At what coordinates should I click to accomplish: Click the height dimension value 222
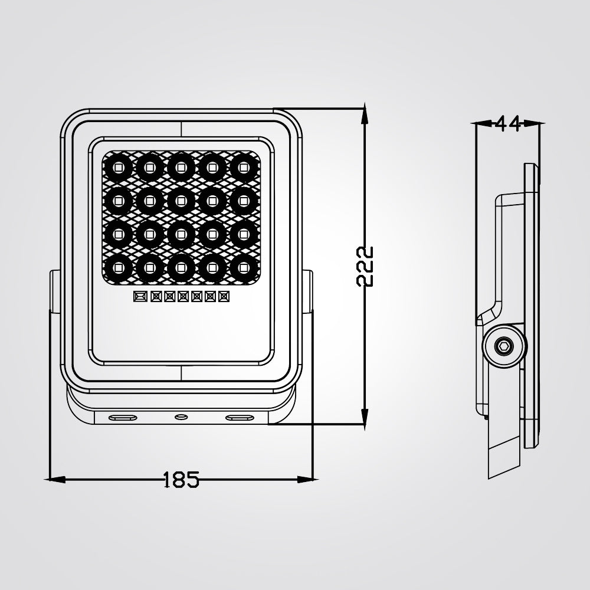click(x=366, y=265)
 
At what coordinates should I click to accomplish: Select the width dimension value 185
click(x=181, y=479)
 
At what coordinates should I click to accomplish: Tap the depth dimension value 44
click(x=508, y=123)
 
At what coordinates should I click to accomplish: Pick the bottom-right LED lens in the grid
click(x=242, y=267)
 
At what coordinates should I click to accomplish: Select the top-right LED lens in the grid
click(x=242, y=168)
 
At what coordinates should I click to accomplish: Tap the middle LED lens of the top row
click(x=180, y=168)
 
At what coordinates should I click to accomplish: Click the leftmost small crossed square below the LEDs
click(x=140, y=296)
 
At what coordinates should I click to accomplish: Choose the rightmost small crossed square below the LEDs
click(x=223, y=296)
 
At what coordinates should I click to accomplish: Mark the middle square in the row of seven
click(x=182, y=296)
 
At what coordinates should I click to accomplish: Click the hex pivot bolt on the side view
click(x=503, y=345)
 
